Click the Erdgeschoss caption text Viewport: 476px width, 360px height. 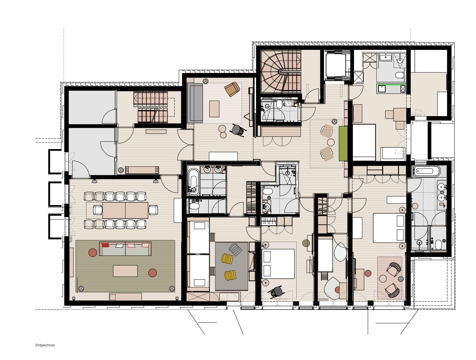point(45,345)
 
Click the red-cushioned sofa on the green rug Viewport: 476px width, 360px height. point(125,249)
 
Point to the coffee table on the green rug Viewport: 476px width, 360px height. point(125,271)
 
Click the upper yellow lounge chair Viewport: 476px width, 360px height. point(227,258)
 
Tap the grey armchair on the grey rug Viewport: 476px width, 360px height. point(235,249)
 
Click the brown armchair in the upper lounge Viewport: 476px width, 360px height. point(232,89)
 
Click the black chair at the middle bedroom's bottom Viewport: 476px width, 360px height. point(277,292)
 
